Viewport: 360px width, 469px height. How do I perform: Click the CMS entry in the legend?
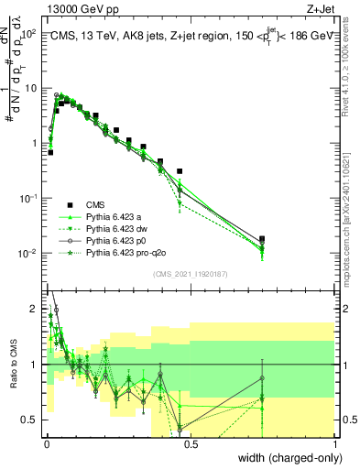point(95,204)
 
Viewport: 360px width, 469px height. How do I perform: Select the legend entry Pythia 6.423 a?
point(116,216)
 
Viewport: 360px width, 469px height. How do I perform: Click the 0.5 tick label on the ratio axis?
point(30,420)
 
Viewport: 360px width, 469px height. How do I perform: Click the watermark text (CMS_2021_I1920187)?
point(190,274)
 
